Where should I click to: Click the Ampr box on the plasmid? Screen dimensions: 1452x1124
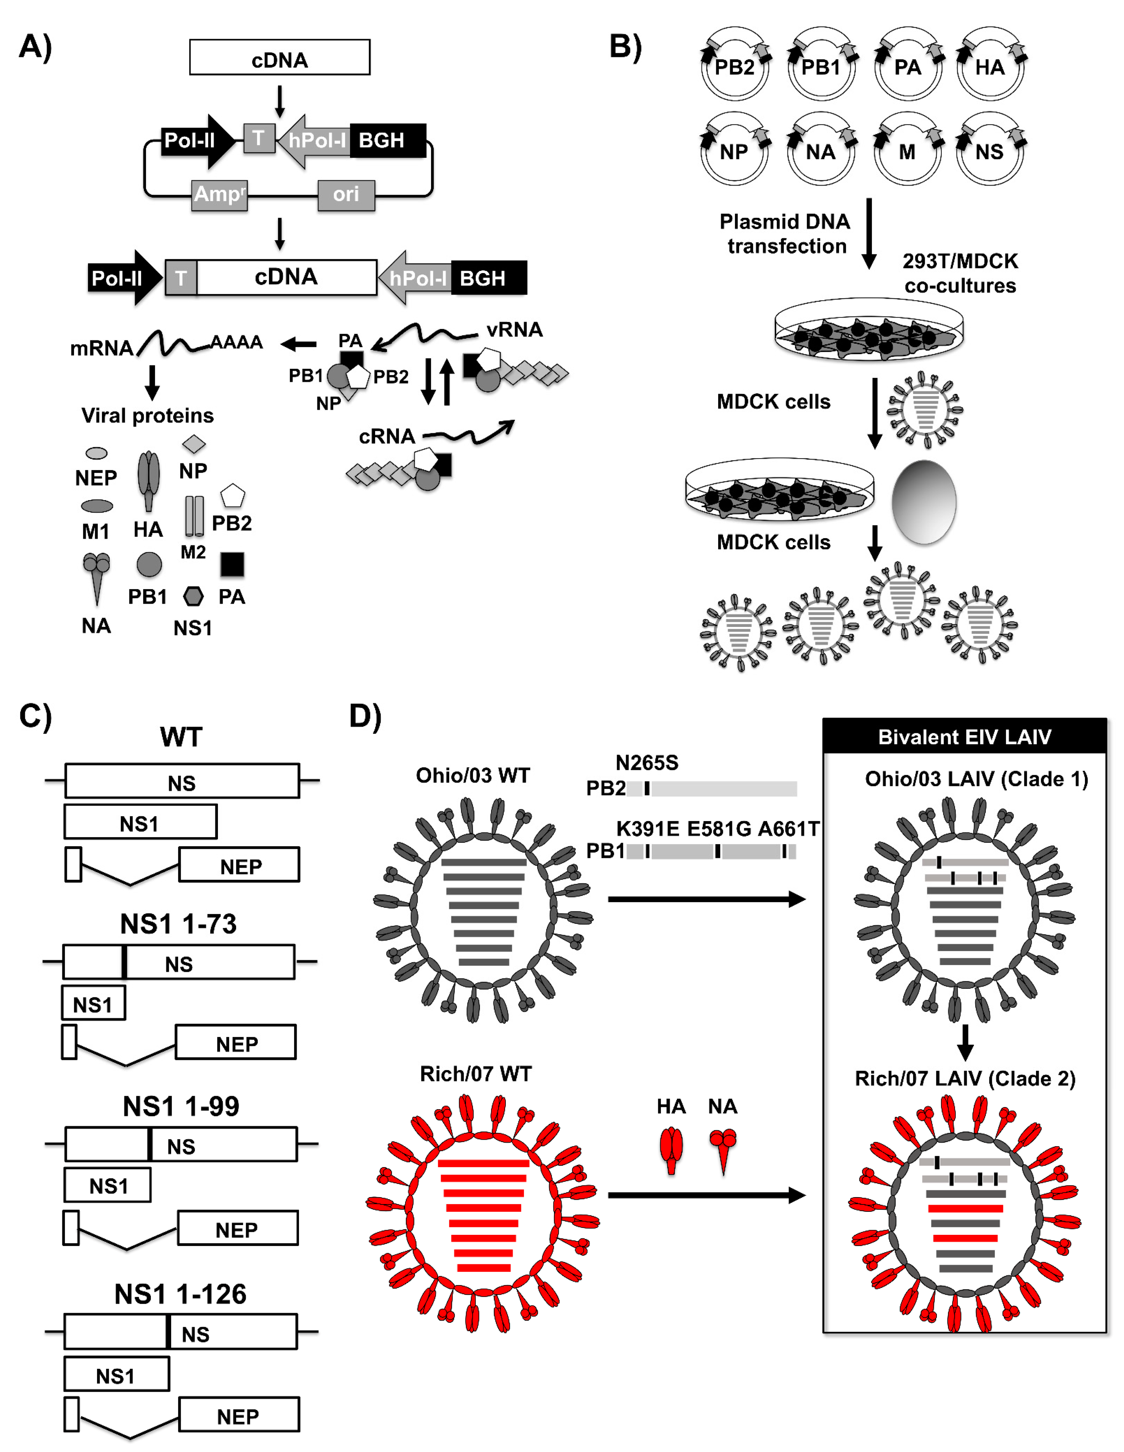coord(219,195)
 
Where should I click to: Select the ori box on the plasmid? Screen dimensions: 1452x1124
coord(346,195)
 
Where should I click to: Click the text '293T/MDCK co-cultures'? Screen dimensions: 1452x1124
coord(960,273)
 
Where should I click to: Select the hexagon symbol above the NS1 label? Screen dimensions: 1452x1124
coord(193,596)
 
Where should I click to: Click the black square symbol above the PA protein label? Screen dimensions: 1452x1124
coord(232,564)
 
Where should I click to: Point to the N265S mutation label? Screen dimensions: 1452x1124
coord(647,763)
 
